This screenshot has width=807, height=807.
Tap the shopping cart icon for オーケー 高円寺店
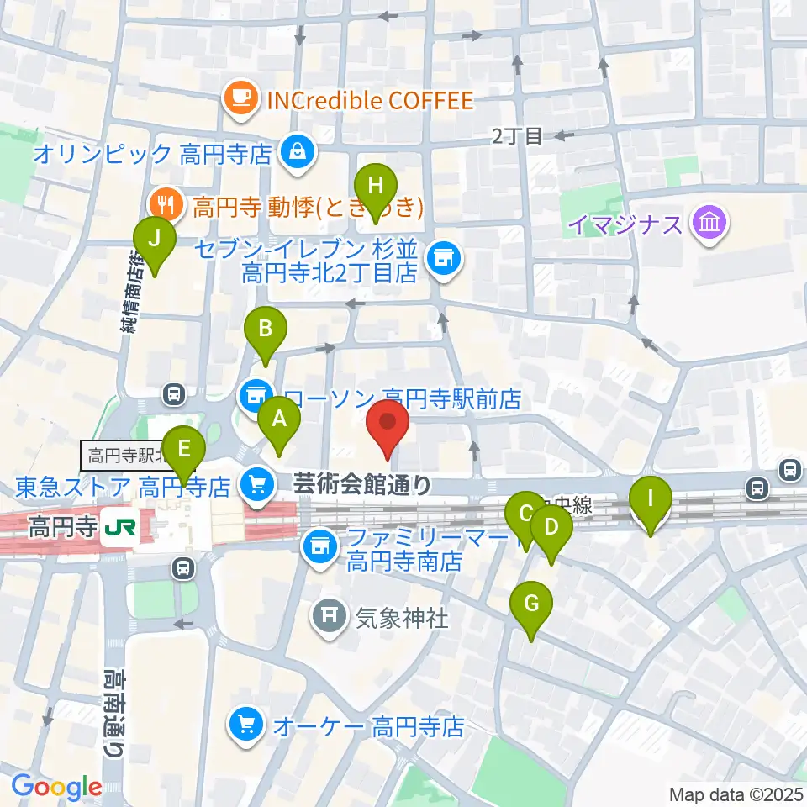pos(245,724)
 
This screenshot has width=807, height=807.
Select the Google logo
pos(56,786)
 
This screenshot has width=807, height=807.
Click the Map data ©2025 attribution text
pos(736,794)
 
